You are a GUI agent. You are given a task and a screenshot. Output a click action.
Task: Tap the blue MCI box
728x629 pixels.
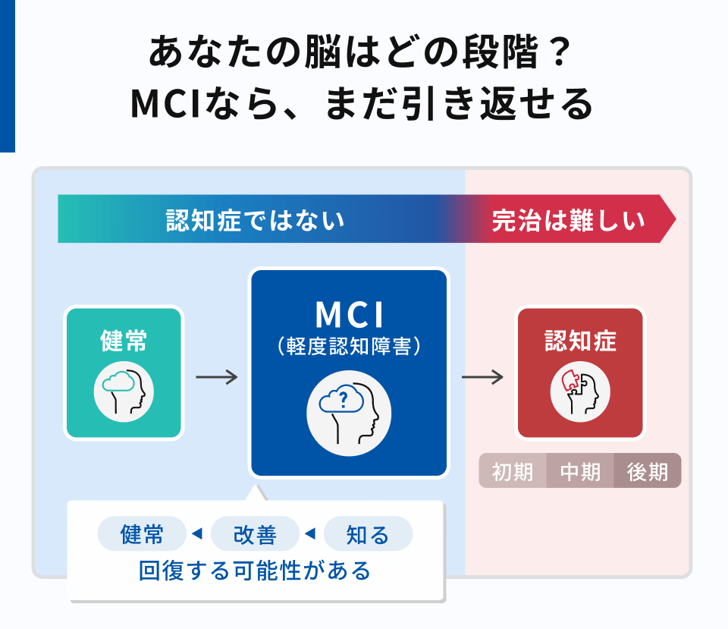click(349, 372)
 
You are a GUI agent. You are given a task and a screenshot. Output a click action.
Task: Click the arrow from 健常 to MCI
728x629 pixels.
click(216, 377)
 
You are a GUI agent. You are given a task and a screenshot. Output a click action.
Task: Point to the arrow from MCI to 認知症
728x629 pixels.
click(482, 377)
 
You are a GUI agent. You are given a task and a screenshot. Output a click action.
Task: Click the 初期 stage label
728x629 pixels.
click(513, 471)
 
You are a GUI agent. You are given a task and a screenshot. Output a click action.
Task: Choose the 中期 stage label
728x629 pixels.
click(580, 471)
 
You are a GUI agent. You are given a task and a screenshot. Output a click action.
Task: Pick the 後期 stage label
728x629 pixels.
click(648, 471)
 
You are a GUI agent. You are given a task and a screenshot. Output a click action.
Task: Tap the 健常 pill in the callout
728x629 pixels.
click(142, 534)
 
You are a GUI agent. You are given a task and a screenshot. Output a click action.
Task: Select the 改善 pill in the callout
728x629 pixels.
click(255, 534)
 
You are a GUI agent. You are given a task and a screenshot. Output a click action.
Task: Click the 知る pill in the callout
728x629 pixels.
click(368, 534)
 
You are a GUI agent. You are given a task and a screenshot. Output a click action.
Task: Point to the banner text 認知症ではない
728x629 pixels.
click(256, 221)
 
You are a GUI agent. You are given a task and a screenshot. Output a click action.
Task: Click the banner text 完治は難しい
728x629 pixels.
click(568, 221)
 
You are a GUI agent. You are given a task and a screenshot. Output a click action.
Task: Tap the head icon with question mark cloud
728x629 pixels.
click(349, 414)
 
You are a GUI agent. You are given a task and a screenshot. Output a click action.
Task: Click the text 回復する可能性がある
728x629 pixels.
click(255, 570)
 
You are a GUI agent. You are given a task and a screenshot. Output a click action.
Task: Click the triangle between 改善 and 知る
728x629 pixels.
click(310, 534)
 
